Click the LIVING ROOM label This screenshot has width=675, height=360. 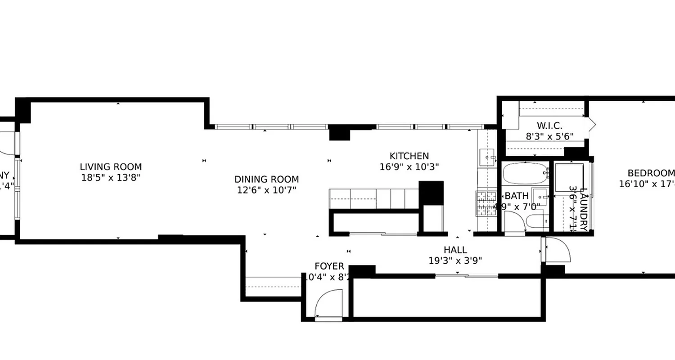(111, 167)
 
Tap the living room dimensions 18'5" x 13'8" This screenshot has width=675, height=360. (111, 177)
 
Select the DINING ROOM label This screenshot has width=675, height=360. (266, 180)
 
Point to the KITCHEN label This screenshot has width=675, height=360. (409, 156)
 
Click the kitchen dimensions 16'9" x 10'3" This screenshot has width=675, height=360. (409, 166)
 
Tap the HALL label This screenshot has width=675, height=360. (455, 250)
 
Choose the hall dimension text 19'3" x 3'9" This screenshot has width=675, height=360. (455, 261)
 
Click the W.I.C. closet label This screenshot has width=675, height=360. (549, 126)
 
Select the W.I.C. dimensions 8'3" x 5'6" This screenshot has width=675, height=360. (549, 136)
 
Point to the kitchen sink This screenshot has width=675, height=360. (486, 156)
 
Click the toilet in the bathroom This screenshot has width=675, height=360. (538, 221)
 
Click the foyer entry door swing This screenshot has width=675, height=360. (328, 303)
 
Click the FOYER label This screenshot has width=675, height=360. (329, 266)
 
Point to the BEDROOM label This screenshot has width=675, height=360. (651, 173)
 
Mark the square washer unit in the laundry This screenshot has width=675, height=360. (568, 177)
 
